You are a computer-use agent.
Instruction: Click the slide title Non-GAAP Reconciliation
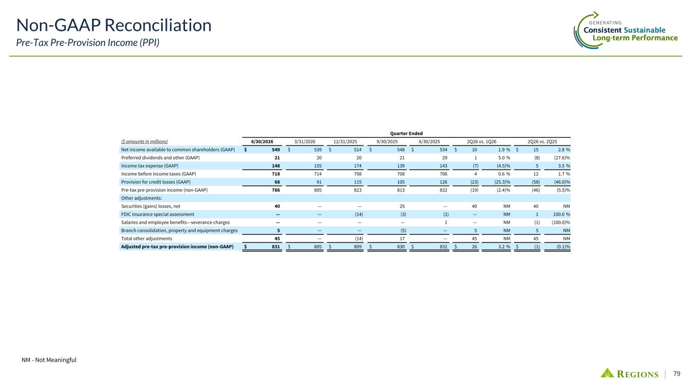[114, 25]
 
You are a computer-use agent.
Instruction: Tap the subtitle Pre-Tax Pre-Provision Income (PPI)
[87, 42]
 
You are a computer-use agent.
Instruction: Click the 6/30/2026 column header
[262, 141]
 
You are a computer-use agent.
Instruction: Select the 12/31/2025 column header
[345, 141]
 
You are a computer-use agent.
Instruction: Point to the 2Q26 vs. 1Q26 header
[482, 141]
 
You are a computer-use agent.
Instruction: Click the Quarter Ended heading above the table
[406, 133]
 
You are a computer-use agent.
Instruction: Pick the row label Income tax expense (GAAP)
[150, 166]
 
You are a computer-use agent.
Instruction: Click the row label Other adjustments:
[142, 198]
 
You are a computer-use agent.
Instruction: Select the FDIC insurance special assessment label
[158, 214]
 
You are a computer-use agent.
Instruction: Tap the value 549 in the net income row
[275, 150]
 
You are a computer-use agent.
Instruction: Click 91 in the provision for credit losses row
[319, 182]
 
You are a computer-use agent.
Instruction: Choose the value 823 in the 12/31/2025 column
[357, 190]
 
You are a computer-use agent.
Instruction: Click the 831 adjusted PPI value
[275, 247]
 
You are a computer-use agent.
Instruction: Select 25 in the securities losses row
[402, 206]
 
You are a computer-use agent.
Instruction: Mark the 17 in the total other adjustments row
[402, 238]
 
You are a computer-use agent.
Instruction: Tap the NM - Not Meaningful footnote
[49, 360]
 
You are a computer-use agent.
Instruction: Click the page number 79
[677, 374]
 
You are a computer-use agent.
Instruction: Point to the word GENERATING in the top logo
[605, 23]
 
